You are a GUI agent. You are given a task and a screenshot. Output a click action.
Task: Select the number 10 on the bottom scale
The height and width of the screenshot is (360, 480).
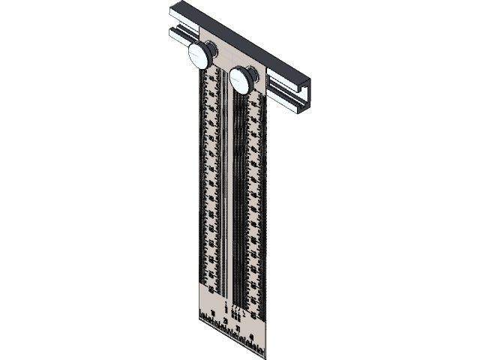[214, 312]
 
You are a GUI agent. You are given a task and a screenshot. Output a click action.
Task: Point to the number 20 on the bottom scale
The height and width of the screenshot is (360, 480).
[226, 320]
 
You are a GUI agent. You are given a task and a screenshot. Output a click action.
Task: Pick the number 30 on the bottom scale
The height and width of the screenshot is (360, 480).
[238, 328]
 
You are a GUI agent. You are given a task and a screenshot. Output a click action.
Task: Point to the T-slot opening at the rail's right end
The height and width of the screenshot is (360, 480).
[304, 93]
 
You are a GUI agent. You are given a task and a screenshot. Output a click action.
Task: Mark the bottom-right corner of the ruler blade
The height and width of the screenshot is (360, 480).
[262, 355]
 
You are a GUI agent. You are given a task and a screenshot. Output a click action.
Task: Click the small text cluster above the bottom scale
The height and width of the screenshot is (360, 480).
[234, 309]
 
